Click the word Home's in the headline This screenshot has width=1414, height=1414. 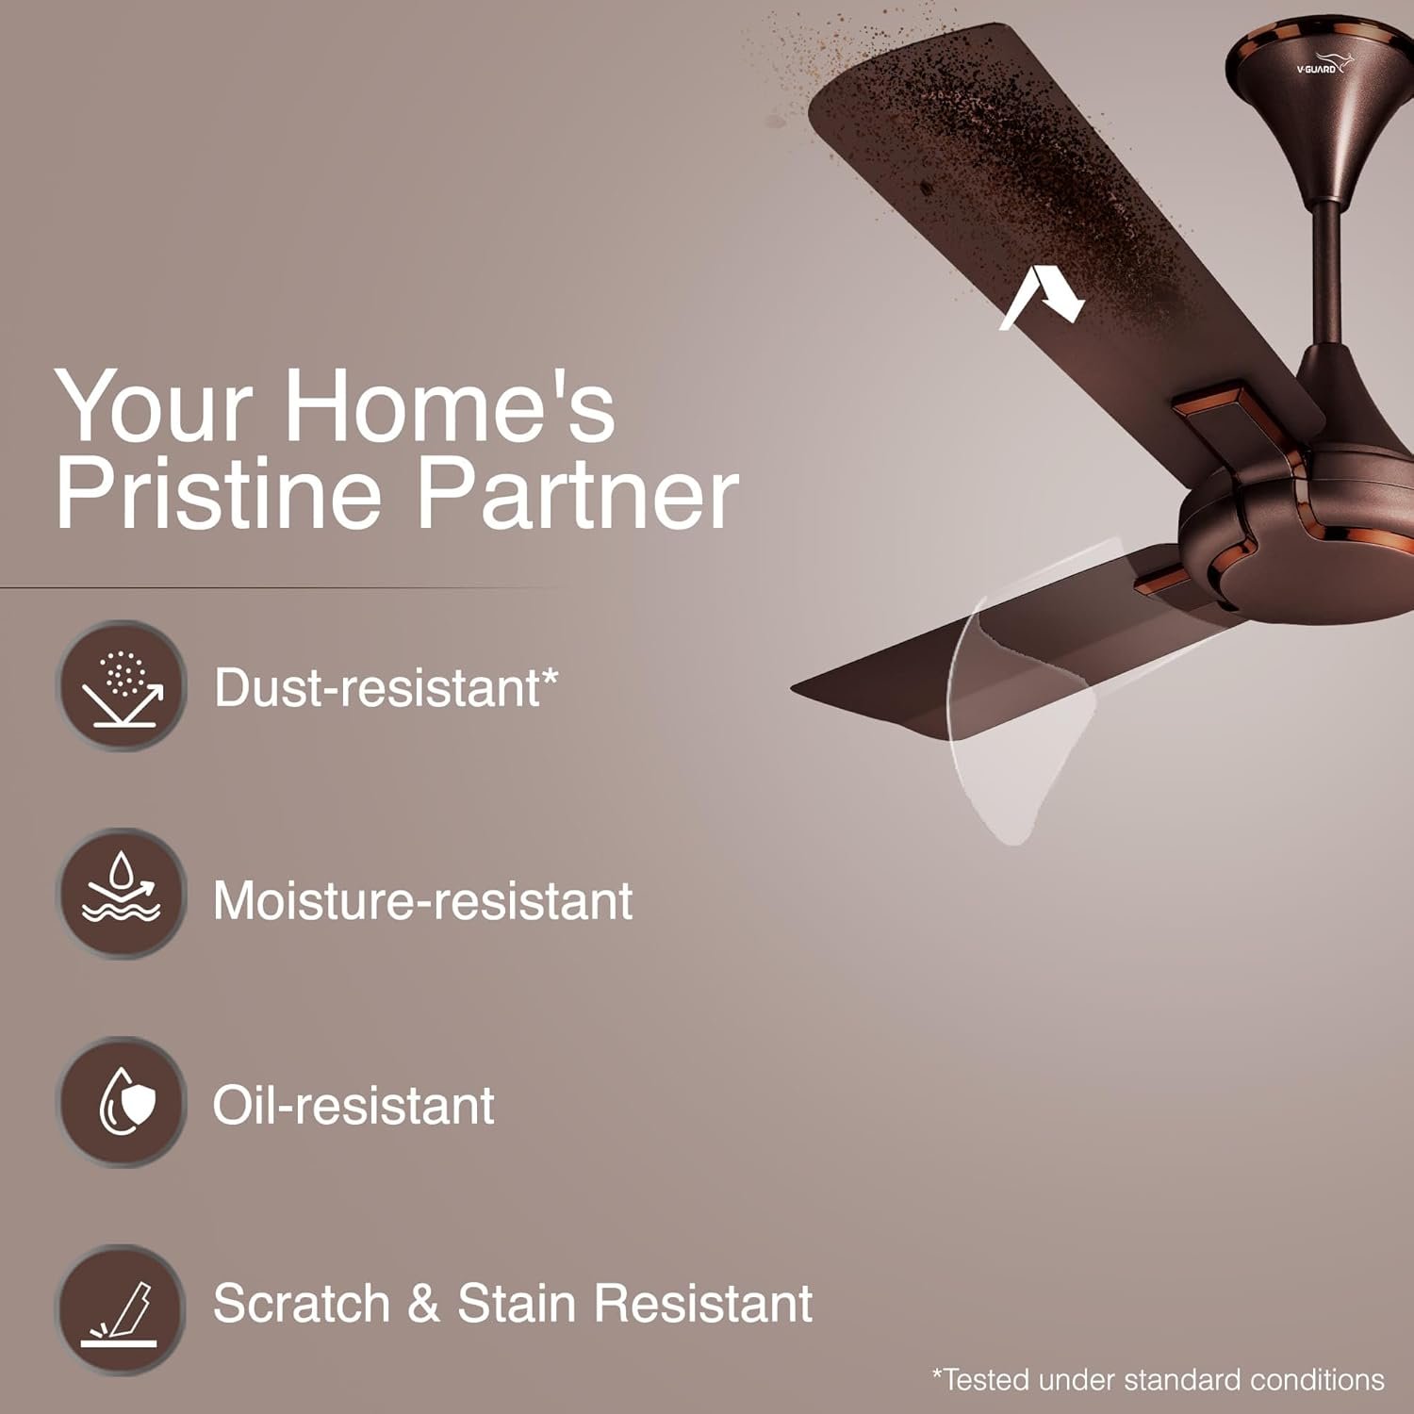coord(449,407)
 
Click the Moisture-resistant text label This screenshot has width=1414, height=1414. coord(422,900)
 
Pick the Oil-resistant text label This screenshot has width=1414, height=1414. coord(353,1105)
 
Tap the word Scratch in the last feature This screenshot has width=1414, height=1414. coord(302,1304)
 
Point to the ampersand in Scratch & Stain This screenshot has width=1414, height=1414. coord(423,1304)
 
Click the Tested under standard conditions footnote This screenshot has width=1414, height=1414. coord(1158,1380)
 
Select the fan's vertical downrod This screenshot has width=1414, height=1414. coord(1326,273)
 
